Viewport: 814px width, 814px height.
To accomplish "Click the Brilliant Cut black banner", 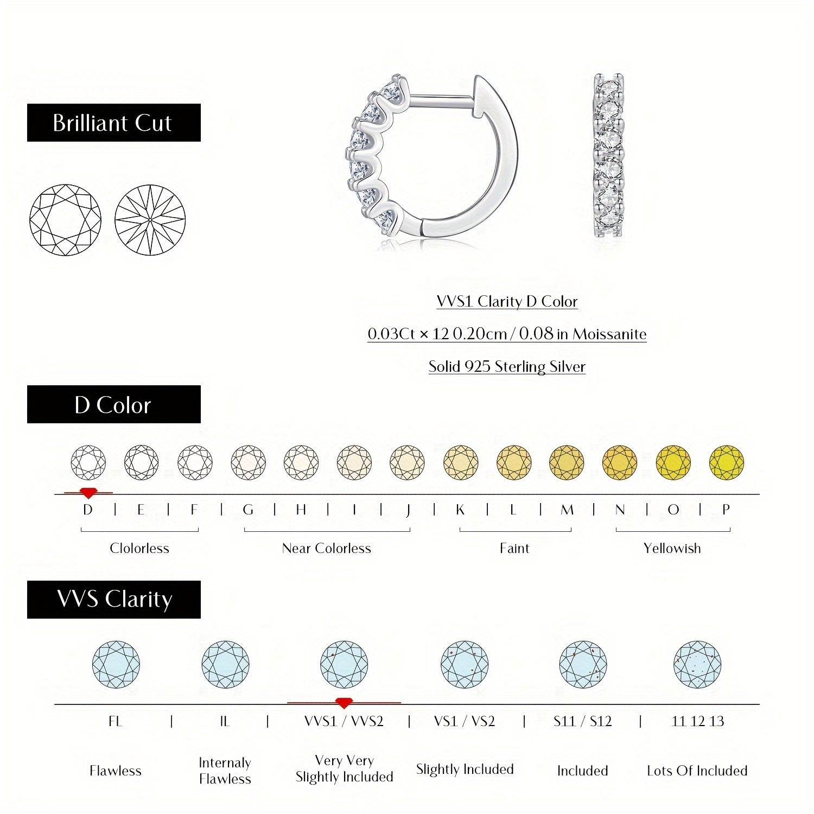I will click(x=113, y=123).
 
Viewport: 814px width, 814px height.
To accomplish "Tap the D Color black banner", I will click(x=113, y=404).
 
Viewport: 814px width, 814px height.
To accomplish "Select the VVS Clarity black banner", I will click(x=113, y=599).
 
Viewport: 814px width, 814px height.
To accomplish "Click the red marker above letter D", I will click(x=88, y=493).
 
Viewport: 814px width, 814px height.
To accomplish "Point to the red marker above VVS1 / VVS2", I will click(x=343, y=703).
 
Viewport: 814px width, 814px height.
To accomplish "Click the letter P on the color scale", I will click(x=726, y=510).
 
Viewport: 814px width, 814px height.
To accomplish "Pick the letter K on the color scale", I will click(x=460, y=510).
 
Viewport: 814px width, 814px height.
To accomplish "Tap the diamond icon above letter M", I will click(x=567, y=462).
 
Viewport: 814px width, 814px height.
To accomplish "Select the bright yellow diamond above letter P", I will click(x=726, y=462).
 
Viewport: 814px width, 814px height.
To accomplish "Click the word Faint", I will click(x=514, y=548).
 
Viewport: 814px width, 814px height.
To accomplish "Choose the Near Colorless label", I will click(x=326, y=548).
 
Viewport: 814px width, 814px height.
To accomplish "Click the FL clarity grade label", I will click(x=115, y=721).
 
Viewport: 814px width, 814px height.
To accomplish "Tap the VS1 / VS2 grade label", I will click(x=465, y=721).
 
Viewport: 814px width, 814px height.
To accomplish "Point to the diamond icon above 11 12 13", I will click(x=697, y=664).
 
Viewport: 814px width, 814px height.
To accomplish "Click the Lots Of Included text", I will click(x=697, y=771).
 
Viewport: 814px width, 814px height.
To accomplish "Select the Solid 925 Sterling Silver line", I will click(x=507, y=366).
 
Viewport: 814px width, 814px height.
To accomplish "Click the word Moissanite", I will click(x=609, y=334).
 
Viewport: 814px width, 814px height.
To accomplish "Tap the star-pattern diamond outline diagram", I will click(x=150, y=220).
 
